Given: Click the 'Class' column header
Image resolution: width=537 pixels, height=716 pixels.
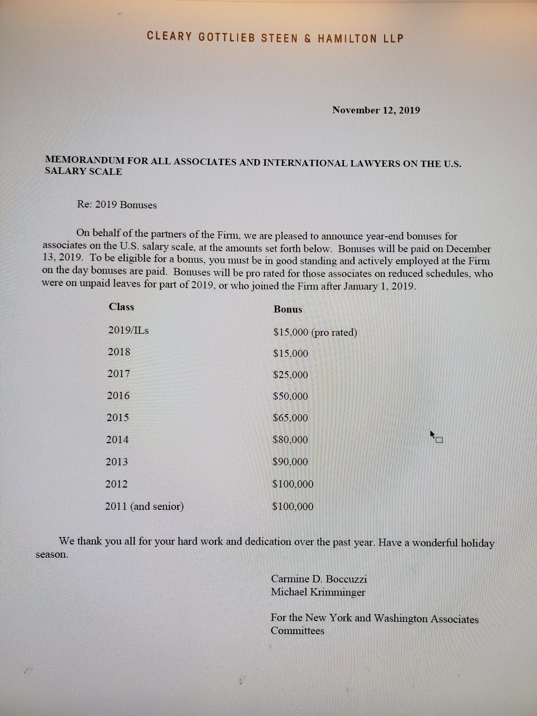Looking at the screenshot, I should (121, 307).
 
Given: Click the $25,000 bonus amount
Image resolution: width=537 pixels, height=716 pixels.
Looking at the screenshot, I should (290, 375).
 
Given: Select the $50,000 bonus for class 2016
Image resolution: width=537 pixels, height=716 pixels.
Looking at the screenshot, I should (290, 396).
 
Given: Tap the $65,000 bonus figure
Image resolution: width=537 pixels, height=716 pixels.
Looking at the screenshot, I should (290, 418).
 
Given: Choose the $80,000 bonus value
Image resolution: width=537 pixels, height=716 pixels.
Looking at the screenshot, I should (290, 440).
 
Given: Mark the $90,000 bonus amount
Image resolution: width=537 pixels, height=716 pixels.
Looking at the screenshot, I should (290, 462).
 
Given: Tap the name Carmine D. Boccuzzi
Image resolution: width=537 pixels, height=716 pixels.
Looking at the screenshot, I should (319, 579).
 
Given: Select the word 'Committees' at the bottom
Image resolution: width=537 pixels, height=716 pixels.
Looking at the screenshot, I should (297, 631).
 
